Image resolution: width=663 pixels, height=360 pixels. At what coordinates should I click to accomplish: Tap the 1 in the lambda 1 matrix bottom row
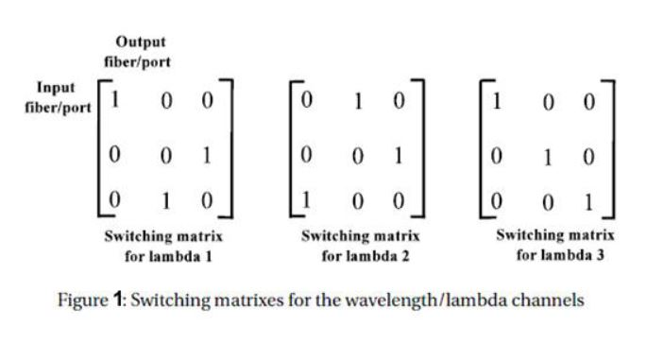pyautogui.click(x=166, y=200)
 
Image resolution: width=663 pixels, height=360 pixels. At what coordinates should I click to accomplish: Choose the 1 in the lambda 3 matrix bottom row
pyautogui.click(x=590, y=201)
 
